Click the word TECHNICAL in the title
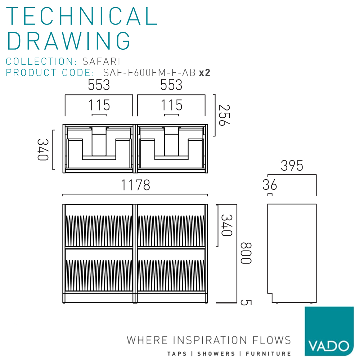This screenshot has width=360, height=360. pos(82,16)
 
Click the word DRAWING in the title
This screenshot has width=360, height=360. pos(69,41)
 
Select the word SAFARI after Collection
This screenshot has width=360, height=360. pos(102,61)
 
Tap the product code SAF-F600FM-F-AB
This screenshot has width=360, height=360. pos(149,73)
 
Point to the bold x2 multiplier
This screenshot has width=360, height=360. pos(204,73)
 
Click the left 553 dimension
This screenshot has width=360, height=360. pos(99,85)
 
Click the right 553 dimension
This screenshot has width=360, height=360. pos(171,85)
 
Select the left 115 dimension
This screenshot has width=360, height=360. pos(99,105)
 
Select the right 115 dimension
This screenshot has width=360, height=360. pos(171,105)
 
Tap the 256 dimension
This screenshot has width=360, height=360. pos(224,115)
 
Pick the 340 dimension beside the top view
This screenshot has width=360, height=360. pos(43,150)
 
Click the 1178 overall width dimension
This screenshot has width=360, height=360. pos(135,185)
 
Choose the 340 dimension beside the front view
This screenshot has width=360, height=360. pos(227,225)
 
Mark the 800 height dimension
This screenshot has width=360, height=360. pos(246,253)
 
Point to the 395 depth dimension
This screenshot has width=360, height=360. pos(292,166)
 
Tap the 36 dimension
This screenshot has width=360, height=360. pos(270,185)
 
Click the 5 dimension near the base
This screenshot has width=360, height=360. pos(246,303)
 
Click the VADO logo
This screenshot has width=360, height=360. pos(329,331)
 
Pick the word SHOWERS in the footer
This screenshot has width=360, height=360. pos(216,354)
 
